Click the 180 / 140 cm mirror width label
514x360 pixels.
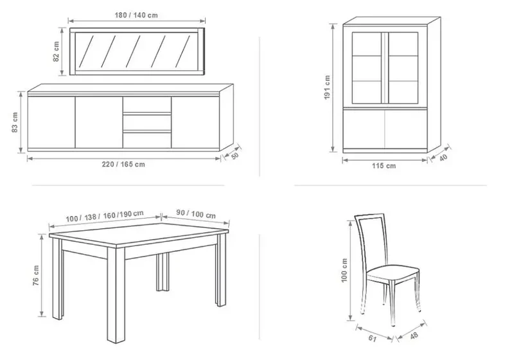pyautogui.click(x=136, y=15)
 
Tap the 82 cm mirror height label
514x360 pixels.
pyautogui.click(x=56, y=51)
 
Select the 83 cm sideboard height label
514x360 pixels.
pyautogui.click(x=15, y=122)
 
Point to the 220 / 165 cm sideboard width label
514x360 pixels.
pyautogui.click(x=123, y=165)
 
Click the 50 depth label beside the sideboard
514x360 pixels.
pyautogui.click(x=235, y=156)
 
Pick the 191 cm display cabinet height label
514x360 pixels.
pyautogui.click(x=327, y=87)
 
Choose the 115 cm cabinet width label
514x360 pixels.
pyautogui.click(x=384, y=166)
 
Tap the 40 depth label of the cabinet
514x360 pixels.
pyautogui.click(x=443, y=157)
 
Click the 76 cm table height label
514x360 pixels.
pyautogui.click(x=36, y=275)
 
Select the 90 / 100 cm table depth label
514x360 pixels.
pyautogui.click(x=196, y=214)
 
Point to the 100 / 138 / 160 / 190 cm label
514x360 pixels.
pyautogui.click(x=105, y=216)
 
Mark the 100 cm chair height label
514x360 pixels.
pyautogui.click(x=344, y=271)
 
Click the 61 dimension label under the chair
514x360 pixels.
pyautogui.click(x=373, y=337)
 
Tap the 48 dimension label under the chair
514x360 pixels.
pyautogui.click(x=414, y=336)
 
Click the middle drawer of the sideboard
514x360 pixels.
pyautogui.click(x=147, y=122)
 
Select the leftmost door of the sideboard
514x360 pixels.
pyautogui.click(x=51, y=122)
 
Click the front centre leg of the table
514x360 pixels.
pyautogui.click(x=116, y=295)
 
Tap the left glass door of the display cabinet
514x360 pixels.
pyautogui.click(x=367, y=68)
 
